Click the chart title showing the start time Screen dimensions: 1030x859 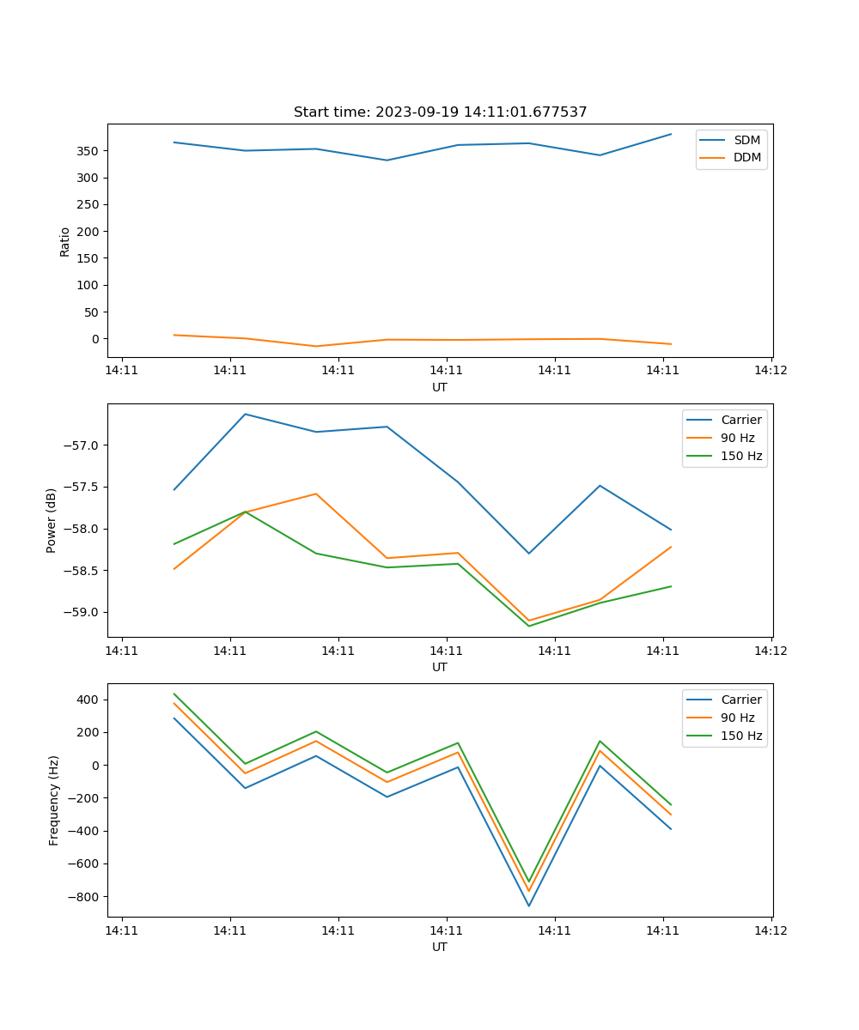point(440,112)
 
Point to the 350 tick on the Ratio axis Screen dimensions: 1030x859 point(88,151)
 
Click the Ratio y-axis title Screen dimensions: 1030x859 point(65,241)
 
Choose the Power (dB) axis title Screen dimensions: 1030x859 point(52,520)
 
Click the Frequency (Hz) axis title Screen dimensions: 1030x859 point(53,800)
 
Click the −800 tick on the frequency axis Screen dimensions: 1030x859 point(84,897)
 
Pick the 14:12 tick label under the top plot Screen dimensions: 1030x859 point(771,370)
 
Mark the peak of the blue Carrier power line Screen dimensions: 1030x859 point(245,414)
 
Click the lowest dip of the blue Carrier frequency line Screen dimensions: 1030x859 point(529,906)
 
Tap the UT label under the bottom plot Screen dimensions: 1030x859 point(440,947)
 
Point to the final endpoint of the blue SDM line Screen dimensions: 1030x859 point(671,134)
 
